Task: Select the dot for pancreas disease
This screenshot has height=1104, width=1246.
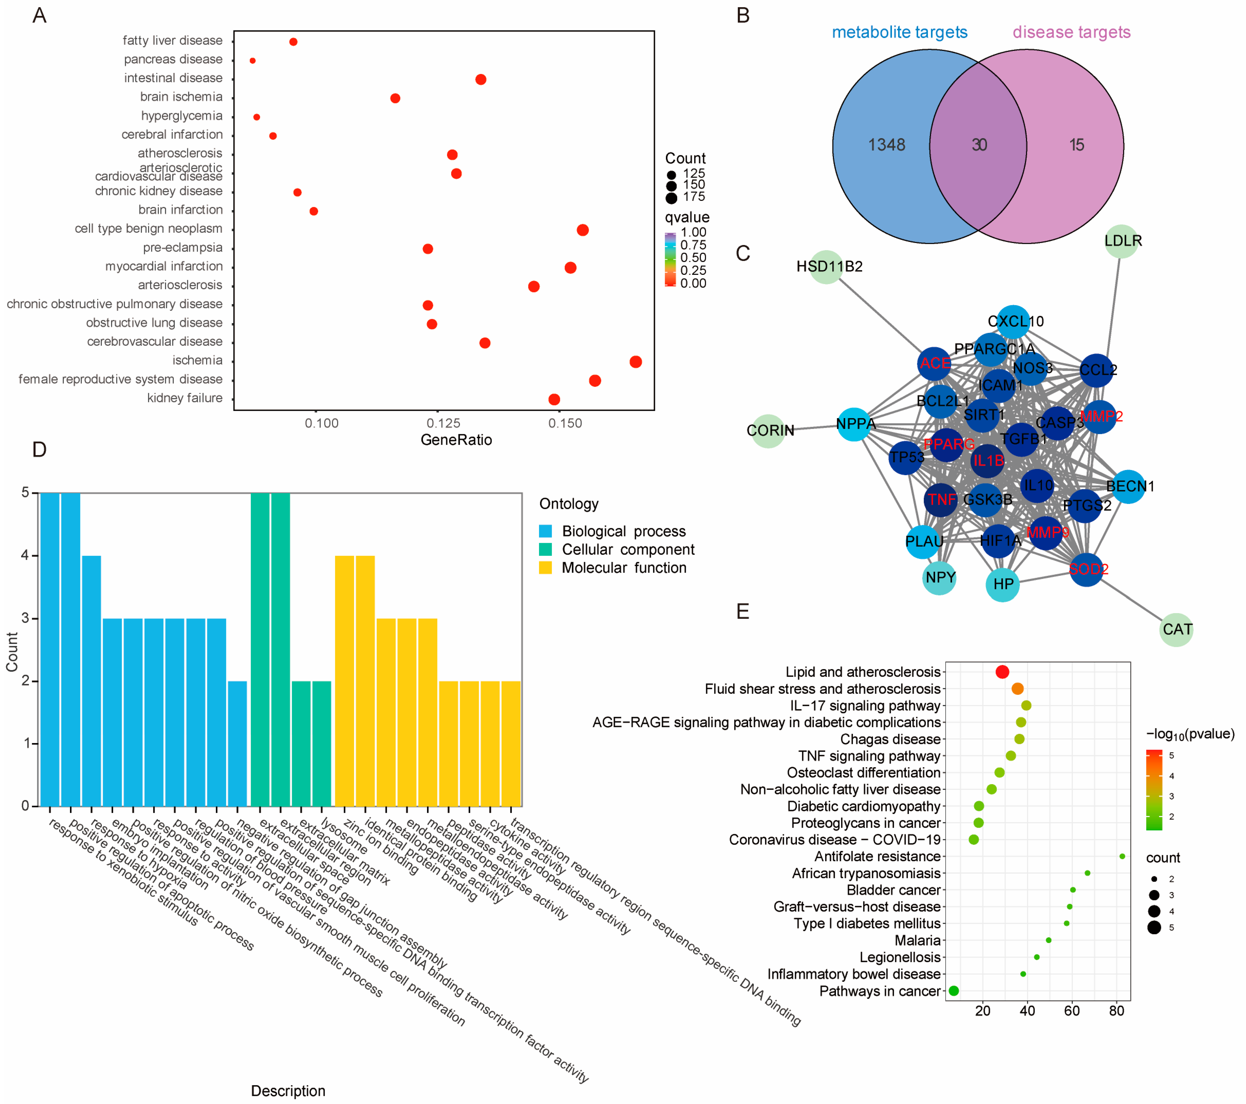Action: click(x=252, y=61)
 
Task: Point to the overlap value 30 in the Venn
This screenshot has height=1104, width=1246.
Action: click(x=979, y=145)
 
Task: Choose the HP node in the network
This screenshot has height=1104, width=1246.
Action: click(x=1003, y=584)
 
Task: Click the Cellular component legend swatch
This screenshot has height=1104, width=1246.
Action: click(x=546, y=550)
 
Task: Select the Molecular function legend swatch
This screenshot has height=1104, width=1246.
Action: click(x=546, y=568)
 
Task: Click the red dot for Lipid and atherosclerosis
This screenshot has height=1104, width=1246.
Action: click(x=1002, y=672)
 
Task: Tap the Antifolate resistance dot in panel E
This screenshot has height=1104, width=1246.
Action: click(x=1122, y=856)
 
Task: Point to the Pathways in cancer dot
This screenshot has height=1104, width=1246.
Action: click(x=954, y=991)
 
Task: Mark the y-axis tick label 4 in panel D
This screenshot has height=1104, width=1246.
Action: click(x=26, y=555)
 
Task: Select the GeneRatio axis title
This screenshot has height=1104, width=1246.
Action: click(x=456, y=440)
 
